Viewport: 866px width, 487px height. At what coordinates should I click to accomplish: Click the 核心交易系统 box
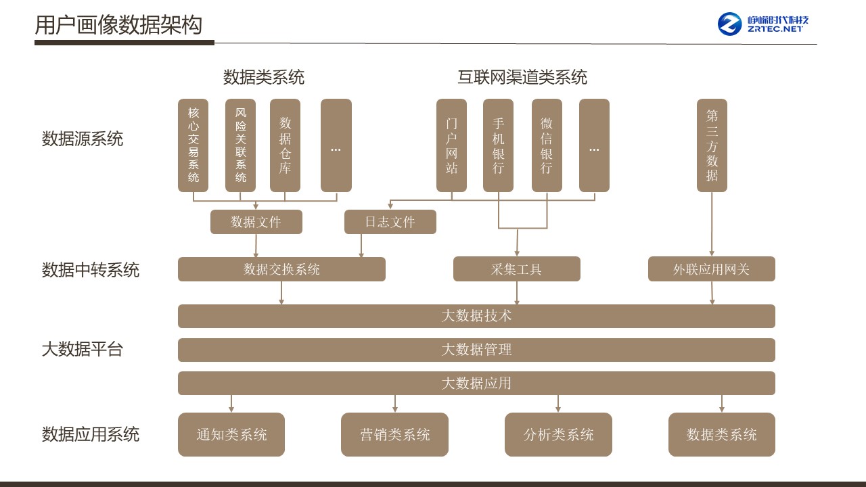(x=193, y=145)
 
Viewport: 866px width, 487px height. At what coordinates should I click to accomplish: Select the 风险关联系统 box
(x=241, y=145)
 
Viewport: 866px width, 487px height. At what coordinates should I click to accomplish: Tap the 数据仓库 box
(x=285, y=145)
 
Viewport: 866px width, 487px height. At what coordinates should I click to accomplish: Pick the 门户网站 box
(x=451, y=145)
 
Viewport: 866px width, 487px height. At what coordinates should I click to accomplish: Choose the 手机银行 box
(x=499, y=145)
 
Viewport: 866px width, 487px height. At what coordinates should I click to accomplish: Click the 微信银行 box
(x=547, y=145)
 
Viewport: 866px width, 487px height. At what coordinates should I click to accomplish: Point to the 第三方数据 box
(x=712, y=145)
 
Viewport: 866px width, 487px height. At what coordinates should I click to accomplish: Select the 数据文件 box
(x=256, y=222)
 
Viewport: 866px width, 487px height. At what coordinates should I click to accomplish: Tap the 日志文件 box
(x=390, y=222)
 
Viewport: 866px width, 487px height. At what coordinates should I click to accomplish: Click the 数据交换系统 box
(x=281, y=269)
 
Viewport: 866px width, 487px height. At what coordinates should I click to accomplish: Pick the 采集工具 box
(x=517, y=269)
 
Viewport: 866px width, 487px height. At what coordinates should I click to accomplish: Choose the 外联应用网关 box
(x=712, y=269)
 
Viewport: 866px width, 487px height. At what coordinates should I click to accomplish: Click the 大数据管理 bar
(x=476, y=350)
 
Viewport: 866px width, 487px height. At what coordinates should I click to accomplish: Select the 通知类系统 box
(x=231, y=434)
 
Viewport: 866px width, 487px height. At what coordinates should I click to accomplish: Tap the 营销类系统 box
(x=395, y=434)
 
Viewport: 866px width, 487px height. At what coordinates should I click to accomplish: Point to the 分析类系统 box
(x=558, y=434)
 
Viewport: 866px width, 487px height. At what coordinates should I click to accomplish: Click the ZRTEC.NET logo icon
(x=730, y=24)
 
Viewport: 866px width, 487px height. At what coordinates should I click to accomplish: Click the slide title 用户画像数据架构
(x=118, y=25)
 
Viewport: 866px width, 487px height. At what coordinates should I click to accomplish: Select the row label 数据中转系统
(x=91, y=270)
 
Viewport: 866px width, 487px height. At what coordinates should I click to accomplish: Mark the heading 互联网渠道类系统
(x=522, y=77)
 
